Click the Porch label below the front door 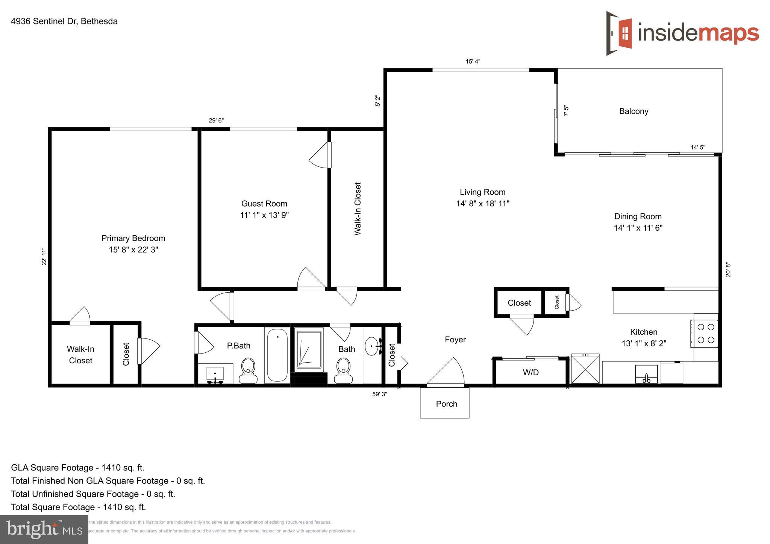point(446,404)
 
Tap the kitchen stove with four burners point(705,333)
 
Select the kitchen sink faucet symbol point(646,378)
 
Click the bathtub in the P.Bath point(277,355)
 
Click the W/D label point(531,372)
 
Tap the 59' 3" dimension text point(379,394)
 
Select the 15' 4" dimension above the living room point(473,61)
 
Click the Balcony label point(634,111)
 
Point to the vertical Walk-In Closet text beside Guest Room point(358,209)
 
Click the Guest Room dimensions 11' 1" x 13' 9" point(264,215)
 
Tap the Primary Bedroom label point(133,238)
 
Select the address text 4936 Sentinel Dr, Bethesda point(64,21)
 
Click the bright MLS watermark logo point(44,529)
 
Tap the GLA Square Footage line point(78,468)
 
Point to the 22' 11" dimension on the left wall point(44,257)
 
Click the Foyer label point(455,340)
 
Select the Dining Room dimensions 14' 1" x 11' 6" point(638,228)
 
